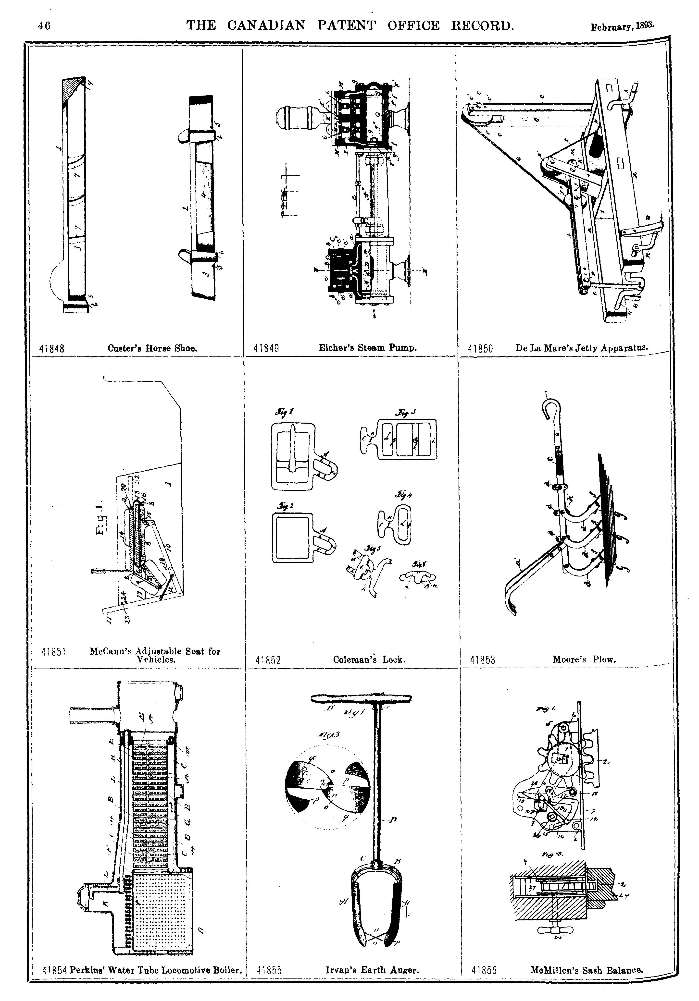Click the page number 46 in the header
point(44,26)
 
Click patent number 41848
point(52,349)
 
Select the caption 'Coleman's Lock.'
point(369,660)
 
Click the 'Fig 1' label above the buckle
point(284,412)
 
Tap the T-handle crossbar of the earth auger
point(361,698)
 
